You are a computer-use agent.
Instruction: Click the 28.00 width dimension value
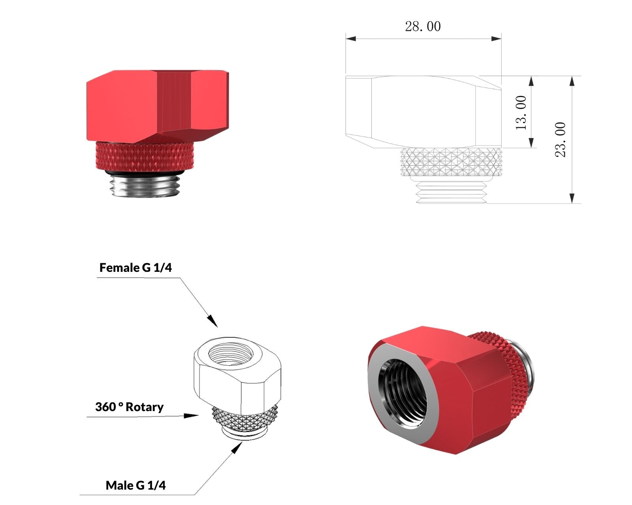click(423, 26)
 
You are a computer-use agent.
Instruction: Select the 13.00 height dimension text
click(521, 113)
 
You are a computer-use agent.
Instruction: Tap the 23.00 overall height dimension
click(561, 140)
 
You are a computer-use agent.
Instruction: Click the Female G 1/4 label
click(135, 267)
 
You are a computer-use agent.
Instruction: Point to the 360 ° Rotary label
click(129, 407)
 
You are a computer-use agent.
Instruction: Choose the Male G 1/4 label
click(135, 486)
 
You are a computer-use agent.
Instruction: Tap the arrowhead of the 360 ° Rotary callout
click(192, 416)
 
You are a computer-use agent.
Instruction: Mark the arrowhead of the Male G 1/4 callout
click(237, 448)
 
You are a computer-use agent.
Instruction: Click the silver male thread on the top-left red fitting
click(145, 185)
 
